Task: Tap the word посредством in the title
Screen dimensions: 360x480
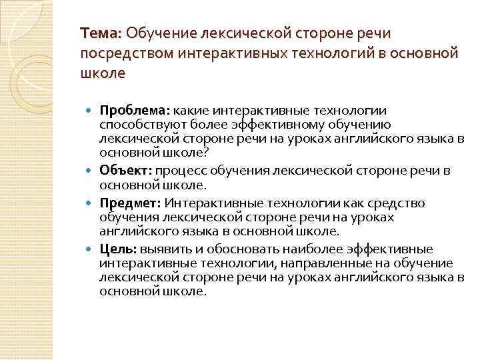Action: coord(123,53)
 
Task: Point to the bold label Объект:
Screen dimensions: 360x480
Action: coord(126,171)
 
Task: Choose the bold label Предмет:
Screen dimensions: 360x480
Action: coord(130,203)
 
